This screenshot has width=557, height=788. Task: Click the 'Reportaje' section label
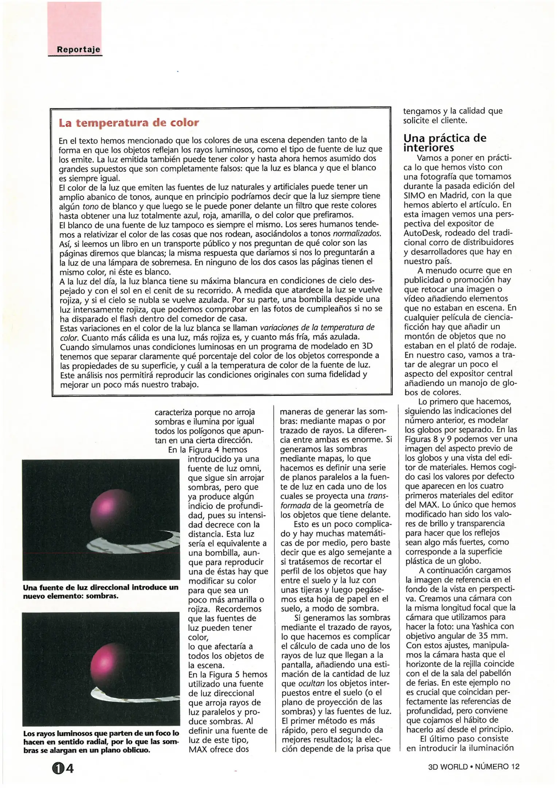[78, 50]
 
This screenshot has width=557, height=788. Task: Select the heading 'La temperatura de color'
[129, 123]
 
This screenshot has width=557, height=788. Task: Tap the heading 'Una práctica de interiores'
[445, 143]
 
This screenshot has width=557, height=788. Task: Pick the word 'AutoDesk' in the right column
[422, 233]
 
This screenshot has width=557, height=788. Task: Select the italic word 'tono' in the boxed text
[85, 206]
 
